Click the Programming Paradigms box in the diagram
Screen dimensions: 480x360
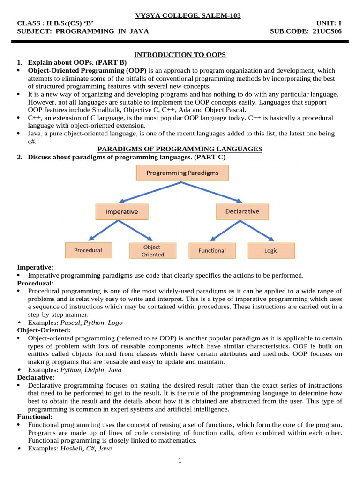(x=182, y=173)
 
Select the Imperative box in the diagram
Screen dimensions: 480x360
(x=121, y=211)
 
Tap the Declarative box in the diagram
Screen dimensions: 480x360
(x=242, y=211)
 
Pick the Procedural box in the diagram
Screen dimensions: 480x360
(x=88, y=250)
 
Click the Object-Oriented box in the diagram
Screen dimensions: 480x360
(x=153, y=250)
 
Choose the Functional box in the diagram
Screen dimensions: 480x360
(x=212, y=250)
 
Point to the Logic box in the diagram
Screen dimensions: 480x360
(x=271, y=250)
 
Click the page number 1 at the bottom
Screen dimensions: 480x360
(x=180, y=461)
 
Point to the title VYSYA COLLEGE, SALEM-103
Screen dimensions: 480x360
(x=188, y=16)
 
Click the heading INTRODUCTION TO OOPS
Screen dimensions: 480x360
(x=180, y=55)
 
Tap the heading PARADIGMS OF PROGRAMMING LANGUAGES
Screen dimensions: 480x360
(x=180, y=149)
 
